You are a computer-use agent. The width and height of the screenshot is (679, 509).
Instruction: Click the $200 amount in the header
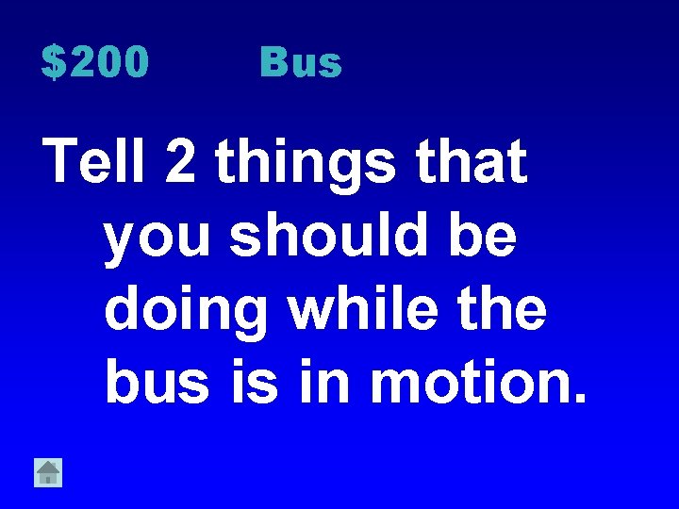[x=95, y=63]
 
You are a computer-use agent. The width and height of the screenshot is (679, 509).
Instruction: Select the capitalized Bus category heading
[x=301, y=63]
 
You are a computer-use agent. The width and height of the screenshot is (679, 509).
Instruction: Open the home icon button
[x=48, y=471]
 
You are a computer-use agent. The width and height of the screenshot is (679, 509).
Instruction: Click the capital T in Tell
[x=62, y=161]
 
